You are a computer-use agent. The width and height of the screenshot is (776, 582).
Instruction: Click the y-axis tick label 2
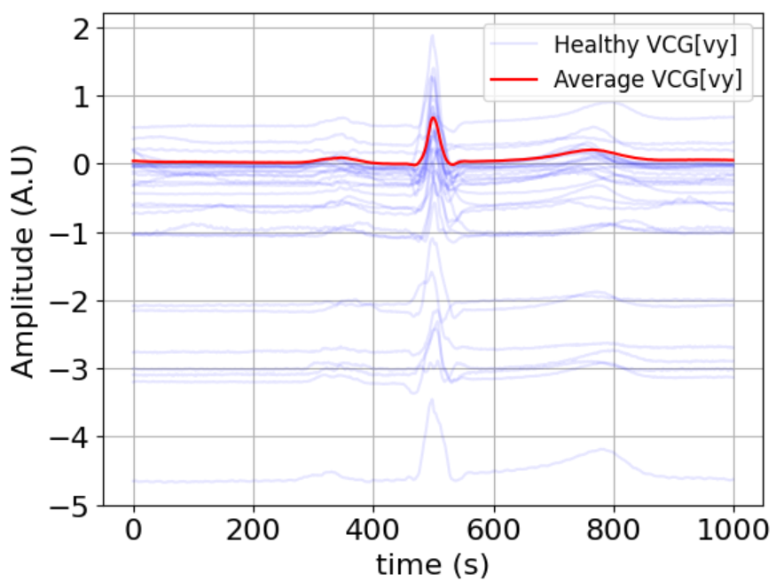point(83,28)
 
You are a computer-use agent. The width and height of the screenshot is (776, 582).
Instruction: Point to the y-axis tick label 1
point(83,97)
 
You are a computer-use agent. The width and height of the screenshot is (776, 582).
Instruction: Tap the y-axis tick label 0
point(83,165)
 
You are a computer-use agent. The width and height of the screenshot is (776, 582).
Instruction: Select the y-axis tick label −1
point(75,233)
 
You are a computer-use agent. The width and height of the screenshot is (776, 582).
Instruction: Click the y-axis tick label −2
point(75,302)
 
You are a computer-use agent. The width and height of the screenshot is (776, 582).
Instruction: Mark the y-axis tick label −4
point(75,437)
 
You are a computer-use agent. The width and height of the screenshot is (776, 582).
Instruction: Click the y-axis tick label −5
point(75,506)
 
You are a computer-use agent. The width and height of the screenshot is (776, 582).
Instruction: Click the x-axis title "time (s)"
point(433,562)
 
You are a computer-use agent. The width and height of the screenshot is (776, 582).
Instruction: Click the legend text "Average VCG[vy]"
point(647,79)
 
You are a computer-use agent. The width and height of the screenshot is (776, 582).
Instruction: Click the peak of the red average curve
point(434,117)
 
